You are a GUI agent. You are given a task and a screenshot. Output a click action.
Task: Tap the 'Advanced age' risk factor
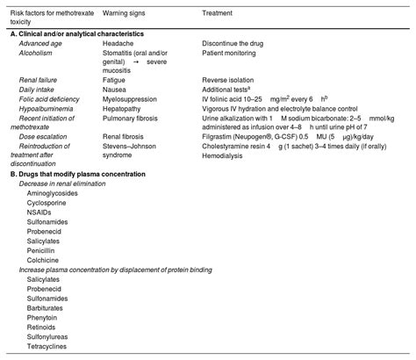[x=40, y=42]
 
